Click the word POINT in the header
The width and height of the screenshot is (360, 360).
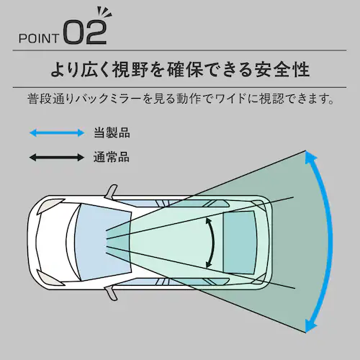39,38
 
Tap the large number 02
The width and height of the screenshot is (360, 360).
85,32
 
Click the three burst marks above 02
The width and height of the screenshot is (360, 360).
104,13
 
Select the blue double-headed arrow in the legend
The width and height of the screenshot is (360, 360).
57,132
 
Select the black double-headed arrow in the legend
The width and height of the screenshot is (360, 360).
57,158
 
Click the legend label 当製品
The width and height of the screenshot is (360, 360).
112,132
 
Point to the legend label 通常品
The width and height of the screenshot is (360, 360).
112,158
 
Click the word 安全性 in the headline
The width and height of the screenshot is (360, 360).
281,70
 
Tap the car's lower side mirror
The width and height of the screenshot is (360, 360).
111,293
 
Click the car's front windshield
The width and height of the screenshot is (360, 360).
103,242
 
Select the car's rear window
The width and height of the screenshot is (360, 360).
239,243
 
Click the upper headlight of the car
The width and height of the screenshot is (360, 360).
50,206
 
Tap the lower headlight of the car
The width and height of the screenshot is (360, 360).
50,278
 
